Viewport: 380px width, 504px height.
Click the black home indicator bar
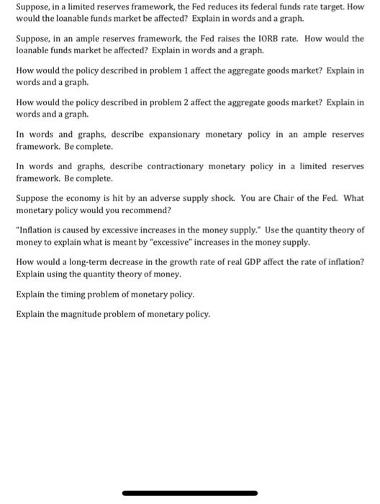[190, 493]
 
